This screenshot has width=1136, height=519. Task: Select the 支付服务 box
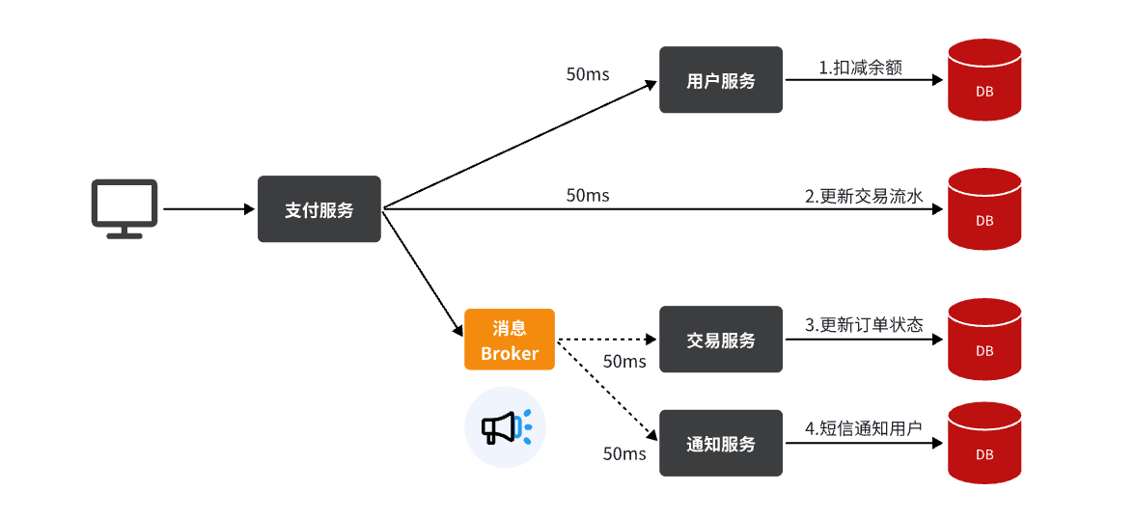click(319, 209)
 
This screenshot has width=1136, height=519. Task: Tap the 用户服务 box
click(720, 80)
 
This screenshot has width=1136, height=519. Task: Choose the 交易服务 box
click(720, 340)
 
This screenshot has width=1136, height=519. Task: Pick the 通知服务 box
click(720, 443)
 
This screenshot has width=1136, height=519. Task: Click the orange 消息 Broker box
click(509, 340)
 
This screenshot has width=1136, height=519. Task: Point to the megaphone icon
click(505, 426)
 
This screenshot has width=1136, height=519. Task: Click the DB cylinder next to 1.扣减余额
click(984, 80)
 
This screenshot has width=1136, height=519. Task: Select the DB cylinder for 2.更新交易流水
click(984, 209)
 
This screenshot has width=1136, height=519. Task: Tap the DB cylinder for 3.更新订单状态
click(984, 340)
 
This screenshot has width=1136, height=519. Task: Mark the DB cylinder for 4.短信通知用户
click(984, 443)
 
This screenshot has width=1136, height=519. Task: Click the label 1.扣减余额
click(860, 68)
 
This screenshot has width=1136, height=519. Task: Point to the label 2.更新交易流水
click(864, 196)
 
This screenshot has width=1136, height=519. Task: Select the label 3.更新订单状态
click(864, 325)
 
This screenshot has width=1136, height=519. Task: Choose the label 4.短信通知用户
click(864, 428)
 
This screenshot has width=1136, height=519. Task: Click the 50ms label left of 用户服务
click(587, 74)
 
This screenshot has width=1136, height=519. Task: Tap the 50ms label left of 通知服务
click(623, 453)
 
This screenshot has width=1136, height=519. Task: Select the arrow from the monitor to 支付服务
click(208, 208)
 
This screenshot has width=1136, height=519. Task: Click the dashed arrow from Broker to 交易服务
click(606, 340)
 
